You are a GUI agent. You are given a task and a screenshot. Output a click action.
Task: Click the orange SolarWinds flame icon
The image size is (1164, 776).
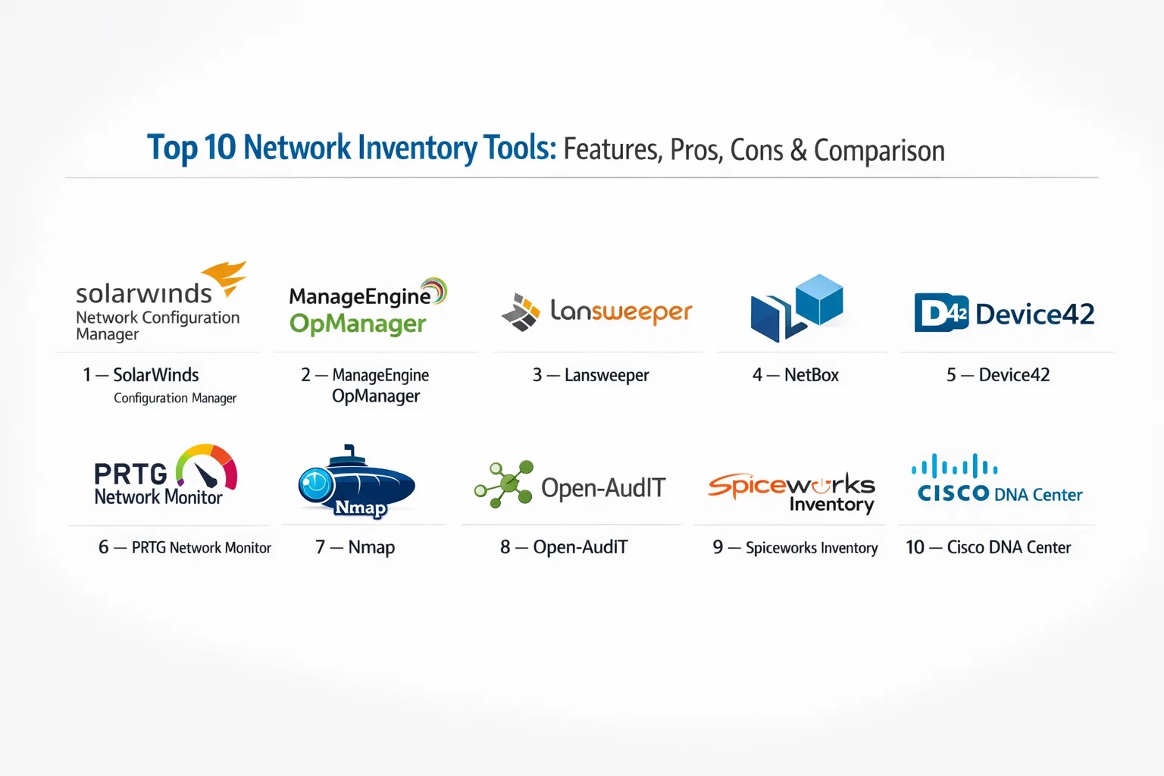pos(226,277)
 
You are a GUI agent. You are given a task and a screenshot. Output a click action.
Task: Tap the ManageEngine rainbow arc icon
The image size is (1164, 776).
pos(435,292)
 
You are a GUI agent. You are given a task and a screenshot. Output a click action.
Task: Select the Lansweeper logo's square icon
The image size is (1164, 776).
pos(521,312)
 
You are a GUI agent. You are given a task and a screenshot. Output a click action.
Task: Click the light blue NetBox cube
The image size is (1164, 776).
pos(819,299)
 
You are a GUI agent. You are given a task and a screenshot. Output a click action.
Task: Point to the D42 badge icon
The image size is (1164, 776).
pos(941,313)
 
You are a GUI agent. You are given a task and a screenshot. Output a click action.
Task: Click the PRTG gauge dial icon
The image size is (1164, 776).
pos(207,466)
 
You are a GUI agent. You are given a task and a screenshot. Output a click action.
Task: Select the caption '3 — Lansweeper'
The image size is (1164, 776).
pos(590,375)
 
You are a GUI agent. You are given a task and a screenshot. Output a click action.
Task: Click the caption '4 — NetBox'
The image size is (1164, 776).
pos(795,375)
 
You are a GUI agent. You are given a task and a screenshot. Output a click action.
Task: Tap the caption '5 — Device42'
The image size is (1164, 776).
pos(997,375)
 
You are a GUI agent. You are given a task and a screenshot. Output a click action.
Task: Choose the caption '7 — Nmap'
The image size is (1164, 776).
pos(355,547)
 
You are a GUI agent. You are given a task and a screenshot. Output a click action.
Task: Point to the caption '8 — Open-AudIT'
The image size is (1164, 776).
pos(564,547)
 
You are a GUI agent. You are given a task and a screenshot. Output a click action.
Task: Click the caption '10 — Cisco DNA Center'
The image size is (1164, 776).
pos(988,547)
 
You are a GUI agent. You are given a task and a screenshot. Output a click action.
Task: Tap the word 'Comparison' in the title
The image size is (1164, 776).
pos(879,150)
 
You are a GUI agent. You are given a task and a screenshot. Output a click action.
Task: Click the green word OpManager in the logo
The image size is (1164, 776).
pos(358,324)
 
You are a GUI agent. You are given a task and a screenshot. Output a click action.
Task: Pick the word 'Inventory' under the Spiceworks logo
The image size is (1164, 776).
pos(831,505)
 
